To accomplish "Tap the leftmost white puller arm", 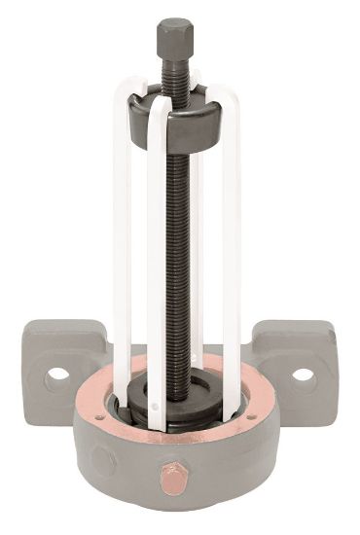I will pyautogui.click(x=122, y=253).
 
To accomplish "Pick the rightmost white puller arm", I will pyautogui.click(x=232, y=253).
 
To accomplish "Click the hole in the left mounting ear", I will pyautogui.click(x=57, y=374).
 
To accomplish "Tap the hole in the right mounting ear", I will pyautogui.click(x=304, y=374).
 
